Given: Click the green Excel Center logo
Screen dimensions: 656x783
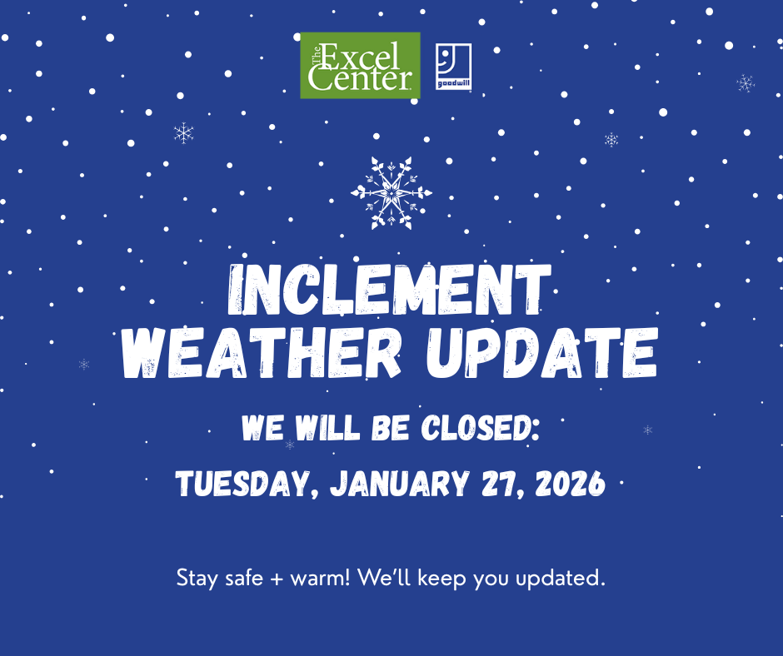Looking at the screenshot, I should pos(360,66).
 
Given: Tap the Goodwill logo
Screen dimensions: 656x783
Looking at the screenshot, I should pos(453,67).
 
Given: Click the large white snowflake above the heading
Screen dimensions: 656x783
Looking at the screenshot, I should pos(391,193).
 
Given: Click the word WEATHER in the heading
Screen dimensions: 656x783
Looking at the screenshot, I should pos(264,353).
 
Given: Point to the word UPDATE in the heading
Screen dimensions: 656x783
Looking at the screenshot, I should pos(541,353).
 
